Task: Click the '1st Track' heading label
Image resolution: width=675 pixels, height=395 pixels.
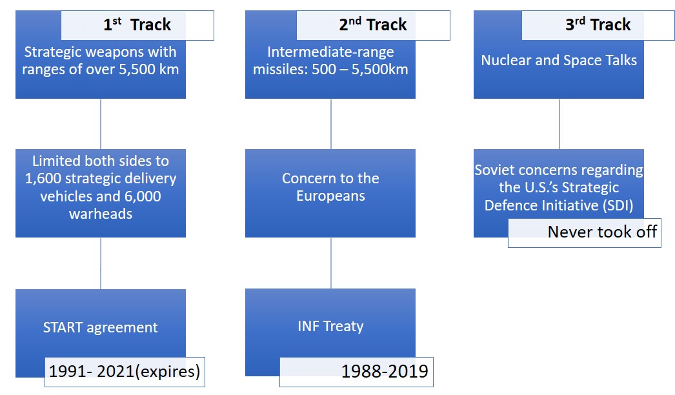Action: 137,25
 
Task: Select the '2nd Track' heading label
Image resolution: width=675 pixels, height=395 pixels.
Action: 373,25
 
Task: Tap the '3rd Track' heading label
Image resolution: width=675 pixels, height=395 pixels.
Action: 598,25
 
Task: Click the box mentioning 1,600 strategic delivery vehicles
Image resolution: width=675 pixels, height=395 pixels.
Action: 101,193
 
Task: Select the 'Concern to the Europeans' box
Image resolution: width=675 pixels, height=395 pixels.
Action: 330,193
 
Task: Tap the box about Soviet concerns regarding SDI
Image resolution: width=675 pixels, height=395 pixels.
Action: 559,187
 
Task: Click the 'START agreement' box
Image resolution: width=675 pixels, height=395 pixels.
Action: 101,327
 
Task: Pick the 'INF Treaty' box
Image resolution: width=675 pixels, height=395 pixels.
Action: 330,326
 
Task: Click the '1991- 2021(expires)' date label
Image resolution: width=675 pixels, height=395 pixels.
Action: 125,372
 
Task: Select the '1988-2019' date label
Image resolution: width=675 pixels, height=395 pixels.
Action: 356,372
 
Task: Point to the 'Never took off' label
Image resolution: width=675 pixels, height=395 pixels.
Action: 585,232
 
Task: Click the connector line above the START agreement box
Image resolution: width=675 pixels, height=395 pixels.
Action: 101,263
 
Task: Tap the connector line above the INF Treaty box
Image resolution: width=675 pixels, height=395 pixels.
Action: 331,263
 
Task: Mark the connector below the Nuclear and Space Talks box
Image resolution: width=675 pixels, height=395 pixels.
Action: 559,124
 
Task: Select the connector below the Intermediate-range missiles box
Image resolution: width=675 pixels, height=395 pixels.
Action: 331,124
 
